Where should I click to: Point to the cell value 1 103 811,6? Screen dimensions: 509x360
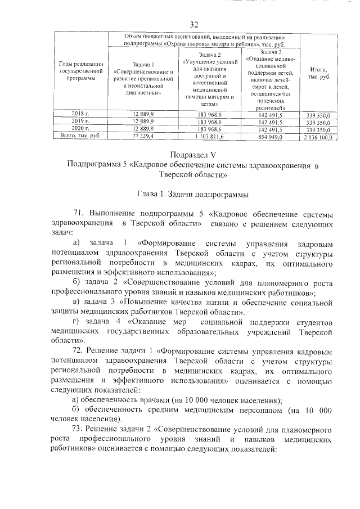[210, 136]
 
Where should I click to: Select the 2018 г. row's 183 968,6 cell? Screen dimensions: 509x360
[210, 114]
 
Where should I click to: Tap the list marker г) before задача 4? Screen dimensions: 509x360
[77, 321]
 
